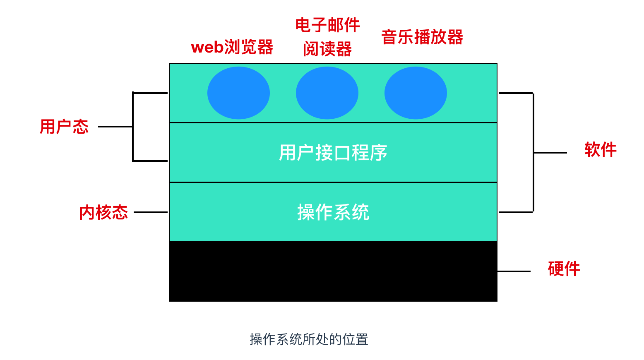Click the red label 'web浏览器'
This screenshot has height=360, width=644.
232,47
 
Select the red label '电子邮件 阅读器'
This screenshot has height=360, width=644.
327,37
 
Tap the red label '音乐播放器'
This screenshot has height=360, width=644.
422,37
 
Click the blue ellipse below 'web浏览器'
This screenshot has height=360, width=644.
238,93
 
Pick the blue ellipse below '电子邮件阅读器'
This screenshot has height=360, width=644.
327,93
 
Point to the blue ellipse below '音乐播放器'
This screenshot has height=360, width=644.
416,93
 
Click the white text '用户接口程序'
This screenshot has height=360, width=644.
333,153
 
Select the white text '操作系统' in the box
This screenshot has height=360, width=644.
333,212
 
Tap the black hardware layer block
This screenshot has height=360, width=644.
333,271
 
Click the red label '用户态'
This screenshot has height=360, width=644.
64,127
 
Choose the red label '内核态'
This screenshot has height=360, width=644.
103,212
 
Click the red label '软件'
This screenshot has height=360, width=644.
600,150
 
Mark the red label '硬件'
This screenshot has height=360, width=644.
564,269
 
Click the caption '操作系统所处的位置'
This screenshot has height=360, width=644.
309,339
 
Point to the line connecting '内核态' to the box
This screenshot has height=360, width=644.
151,212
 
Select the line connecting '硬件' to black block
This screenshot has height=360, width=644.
514,271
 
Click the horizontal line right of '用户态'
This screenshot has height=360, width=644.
115,127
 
